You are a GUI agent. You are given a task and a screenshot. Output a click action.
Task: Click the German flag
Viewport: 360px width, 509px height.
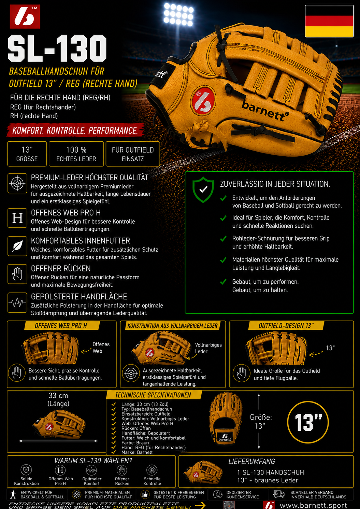[x=329, y=21]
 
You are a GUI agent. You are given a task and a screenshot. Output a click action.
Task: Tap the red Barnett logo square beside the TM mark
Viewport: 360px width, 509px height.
[x=25, y=17]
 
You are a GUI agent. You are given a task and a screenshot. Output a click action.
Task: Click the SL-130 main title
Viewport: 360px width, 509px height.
[x=57, y=48]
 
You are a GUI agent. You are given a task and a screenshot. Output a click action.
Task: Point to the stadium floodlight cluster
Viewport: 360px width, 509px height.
[x=179, y=14]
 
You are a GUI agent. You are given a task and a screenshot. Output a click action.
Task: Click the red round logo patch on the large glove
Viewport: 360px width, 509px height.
[x=204, y=100]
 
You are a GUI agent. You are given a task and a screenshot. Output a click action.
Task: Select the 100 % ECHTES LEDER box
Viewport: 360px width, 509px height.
[x=76, y=154]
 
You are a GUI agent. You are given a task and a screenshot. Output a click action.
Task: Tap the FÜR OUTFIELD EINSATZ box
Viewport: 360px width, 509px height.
[x=133, y=154]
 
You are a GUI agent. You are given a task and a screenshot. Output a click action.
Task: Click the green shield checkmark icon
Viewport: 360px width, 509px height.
[x=203, y=189]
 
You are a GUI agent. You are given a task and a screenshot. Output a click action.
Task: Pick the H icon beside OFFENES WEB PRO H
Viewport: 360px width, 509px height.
[x=17, y=218]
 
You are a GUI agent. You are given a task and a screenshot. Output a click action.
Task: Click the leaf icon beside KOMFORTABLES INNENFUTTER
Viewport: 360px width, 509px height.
[x=17, y=246]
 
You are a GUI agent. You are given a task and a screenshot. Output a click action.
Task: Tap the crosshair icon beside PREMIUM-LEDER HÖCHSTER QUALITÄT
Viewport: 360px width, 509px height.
[x=17, y=183]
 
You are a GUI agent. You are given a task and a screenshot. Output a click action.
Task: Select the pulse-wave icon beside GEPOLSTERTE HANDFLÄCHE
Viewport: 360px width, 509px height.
[x=17, y=303]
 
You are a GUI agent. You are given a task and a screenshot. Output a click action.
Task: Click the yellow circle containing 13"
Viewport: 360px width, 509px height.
[x=308, y=422]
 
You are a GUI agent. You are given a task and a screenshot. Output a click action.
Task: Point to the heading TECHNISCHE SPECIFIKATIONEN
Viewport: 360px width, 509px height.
[x=153, y=395]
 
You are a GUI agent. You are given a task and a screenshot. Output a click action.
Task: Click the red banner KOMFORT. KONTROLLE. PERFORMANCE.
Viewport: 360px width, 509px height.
[x=75, y=130]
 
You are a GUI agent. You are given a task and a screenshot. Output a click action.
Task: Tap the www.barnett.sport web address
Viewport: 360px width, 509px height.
[x=313, y=505]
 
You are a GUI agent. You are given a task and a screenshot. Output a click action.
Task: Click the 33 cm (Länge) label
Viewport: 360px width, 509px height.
[x=58, y=399]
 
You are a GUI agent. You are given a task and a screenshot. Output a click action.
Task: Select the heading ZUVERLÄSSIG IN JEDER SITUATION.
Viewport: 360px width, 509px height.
[x=275, y=184]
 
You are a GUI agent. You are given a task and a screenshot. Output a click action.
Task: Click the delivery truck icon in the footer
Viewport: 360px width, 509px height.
[x=279, y=494]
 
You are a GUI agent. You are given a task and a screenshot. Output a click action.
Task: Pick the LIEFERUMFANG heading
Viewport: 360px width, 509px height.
[x=252, y=461]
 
